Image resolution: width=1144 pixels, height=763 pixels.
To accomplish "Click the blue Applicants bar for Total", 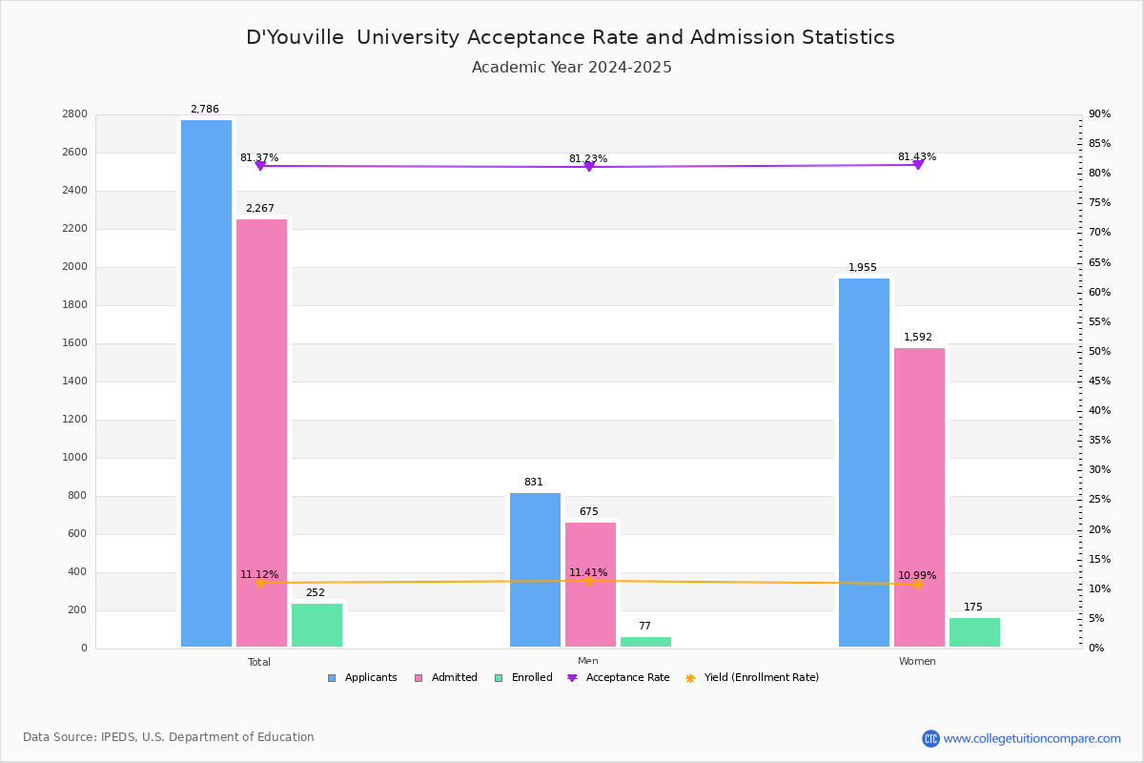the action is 206,383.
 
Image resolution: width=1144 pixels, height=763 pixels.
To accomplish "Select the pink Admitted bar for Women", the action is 919,497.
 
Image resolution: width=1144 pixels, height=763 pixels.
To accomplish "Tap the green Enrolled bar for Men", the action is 645,642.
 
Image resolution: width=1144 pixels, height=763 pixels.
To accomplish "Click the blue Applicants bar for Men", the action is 535,569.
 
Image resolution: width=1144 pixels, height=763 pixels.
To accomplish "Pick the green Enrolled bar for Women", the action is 974,632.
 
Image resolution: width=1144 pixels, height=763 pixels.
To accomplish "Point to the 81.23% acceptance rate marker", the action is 589,167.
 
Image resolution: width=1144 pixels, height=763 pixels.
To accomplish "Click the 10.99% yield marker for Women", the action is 918,584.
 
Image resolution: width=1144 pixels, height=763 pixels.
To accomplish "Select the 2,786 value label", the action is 205,109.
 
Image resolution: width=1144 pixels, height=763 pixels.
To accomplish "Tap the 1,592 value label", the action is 918,337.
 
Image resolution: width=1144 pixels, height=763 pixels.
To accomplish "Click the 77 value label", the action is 644,626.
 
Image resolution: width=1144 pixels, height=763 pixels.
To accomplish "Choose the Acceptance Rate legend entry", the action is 619,677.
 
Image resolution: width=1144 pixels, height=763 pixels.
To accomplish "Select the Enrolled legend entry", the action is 523,677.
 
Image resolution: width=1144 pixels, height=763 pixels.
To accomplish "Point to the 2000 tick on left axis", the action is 74,266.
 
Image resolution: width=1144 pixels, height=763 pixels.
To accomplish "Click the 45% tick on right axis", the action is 1099,381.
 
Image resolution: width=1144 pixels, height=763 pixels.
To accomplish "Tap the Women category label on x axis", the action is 917,661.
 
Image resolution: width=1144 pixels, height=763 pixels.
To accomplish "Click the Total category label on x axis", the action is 259,662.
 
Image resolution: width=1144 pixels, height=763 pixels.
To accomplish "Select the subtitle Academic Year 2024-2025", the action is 571,67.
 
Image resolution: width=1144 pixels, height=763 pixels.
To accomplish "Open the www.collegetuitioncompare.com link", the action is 1032,738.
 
